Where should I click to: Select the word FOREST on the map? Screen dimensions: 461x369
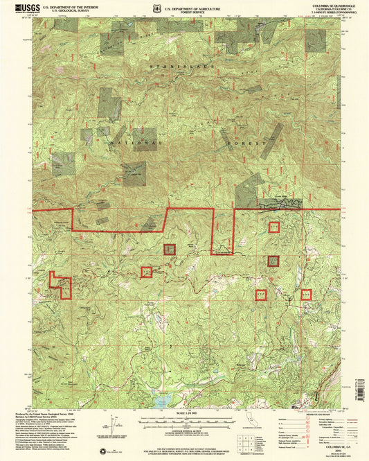(251, 142)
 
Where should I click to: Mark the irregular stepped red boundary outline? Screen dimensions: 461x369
(60, 285)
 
